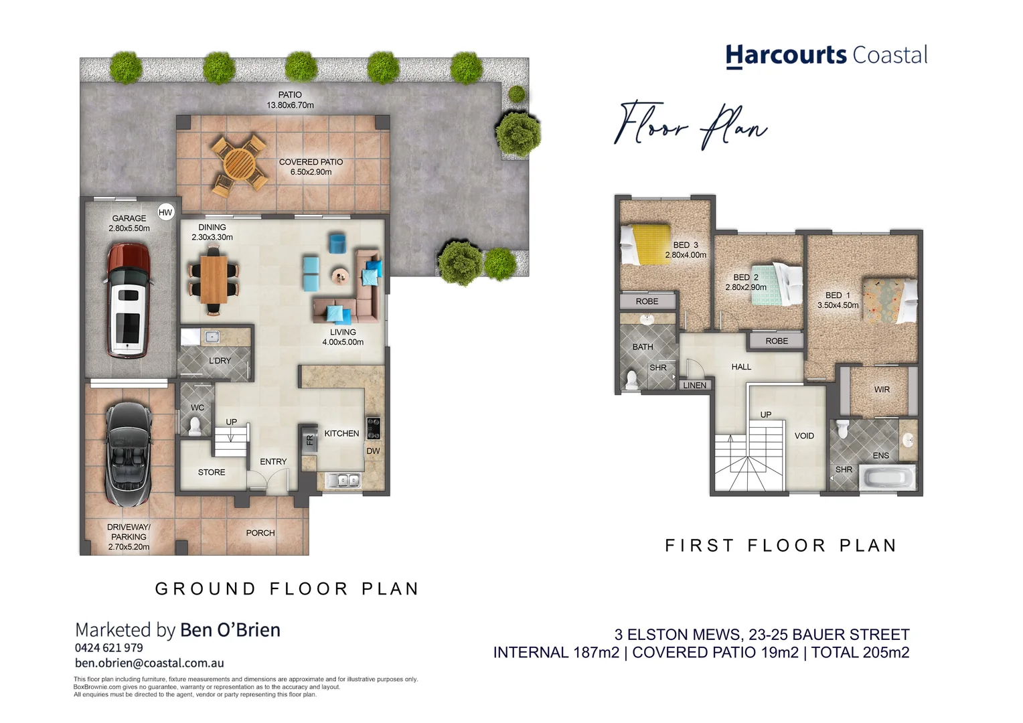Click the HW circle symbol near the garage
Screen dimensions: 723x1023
[165, 212]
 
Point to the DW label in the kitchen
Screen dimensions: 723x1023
[373, 451]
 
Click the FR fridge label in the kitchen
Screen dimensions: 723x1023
[309, 440]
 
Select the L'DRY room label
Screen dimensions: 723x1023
[220, 361]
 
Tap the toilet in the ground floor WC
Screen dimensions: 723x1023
[195, 426]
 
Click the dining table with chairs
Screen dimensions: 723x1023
[214, 279]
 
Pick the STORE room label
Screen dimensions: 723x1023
[212, 473]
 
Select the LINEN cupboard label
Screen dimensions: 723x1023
[694, 385]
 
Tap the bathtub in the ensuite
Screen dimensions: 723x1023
[886, 478]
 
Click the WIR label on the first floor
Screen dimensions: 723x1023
[882, 390]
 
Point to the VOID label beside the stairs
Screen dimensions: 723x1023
[804, 436]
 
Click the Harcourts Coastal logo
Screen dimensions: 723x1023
[826, 55]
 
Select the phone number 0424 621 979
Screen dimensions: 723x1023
[109, 647]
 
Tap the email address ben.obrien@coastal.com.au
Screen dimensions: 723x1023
[149, 663]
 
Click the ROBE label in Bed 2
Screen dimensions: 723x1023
[777, 341]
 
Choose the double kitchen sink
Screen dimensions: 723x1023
[342, 479]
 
